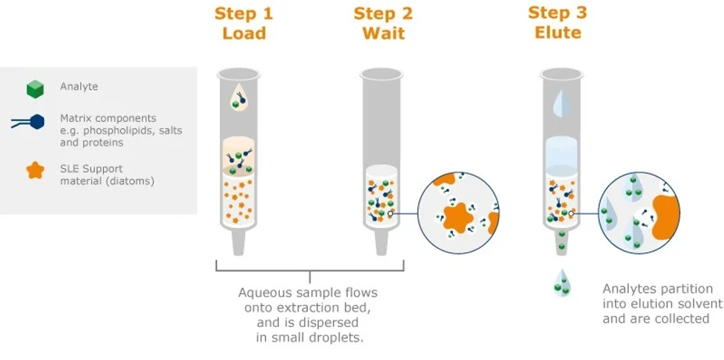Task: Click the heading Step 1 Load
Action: [244, 24]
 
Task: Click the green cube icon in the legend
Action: [35, 88]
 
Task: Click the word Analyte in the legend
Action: [79, 87]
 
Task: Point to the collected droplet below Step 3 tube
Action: [559, 282]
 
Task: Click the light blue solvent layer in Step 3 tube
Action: [559, 152]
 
